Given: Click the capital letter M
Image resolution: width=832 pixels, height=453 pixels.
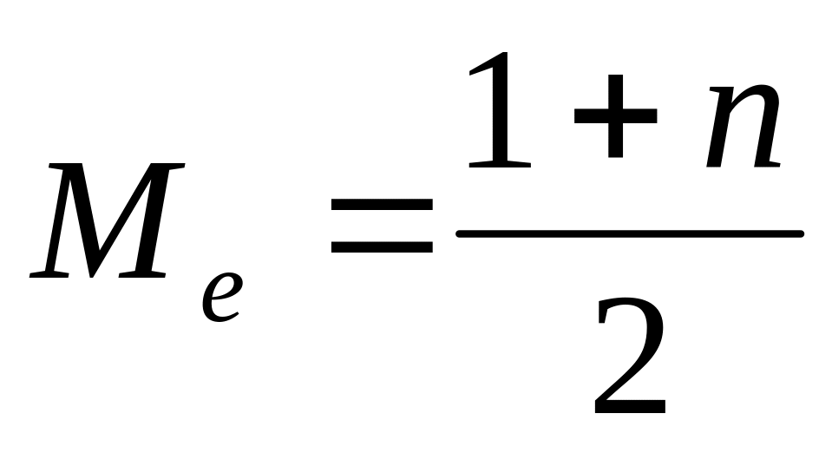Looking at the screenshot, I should tap(108, 220).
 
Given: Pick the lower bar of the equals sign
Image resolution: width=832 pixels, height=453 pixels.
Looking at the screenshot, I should tap(381, 246).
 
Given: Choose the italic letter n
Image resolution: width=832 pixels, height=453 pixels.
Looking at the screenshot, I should tap(743, 126).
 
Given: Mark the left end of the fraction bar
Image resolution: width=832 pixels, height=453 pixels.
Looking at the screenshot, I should tap(461, 233).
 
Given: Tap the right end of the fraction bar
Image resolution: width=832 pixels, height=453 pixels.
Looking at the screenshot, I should tap(799, 233).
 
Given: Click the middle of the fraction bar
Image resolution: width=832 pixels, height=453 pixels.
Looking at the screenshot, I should tap(630, 233).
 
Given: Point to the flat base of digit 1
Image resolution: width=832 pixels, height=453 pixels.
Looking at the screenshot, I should tap(499, 163).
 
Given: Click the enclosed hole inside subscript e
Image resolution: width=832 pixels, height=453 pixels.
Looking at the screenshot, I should tap(225, 287).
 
